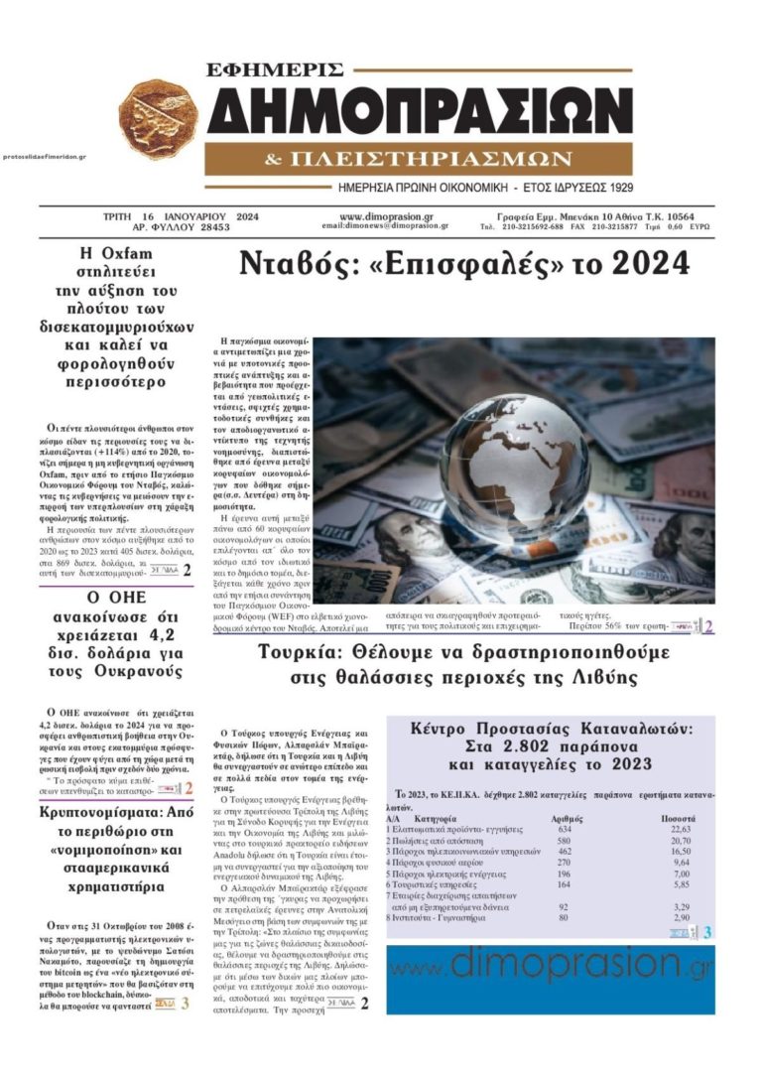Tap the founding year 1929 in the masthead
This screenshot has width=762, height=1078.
(x=615, y=187)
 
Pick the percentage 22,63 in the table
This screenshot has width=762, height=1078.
(x=680, y=828)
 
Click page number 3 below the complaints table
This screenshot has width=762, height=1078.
(x=706, y=932)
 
